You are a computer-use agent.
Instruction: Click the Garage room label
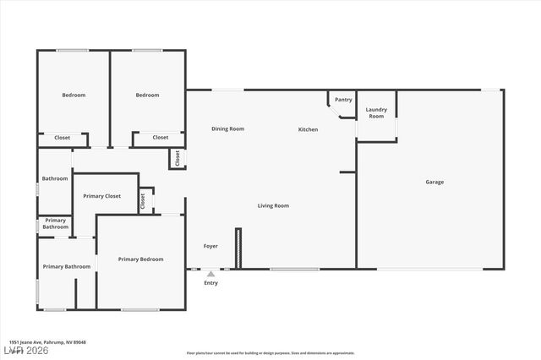434,182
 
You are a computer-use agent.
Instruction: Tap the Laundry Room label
376,112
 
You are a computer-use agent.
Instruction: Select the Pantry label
343,100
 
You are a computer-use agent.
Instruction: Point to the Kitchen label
308,129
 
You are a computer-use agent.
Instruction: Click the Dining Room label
227,128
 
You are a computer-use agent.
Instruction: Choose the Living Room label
273,205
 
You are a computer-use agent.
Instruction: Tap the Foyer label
210,246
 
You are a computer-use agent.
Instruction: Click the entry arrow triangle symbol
210,273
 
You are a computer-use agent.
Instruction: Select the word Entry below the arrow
210,283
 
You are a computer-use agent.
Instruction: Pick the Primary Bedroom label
140,259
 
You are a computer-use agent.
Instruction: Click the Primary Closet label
101,196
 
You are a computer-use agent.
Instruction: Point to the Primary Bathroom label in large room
67,267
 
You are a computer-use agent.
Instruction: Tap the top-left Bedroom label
74,95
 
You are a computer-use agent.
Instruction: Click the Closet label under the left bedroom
63,137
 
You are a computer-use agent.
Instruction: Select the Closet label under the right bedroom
161,137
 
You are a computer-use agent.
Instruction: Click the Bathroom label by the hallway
55,178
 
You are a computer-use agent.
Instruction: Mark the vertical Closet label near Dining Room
178,158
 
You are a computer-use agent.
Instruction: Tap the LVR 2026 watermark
27,351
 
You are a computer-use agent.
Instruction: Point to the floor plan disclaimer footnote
270,353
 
